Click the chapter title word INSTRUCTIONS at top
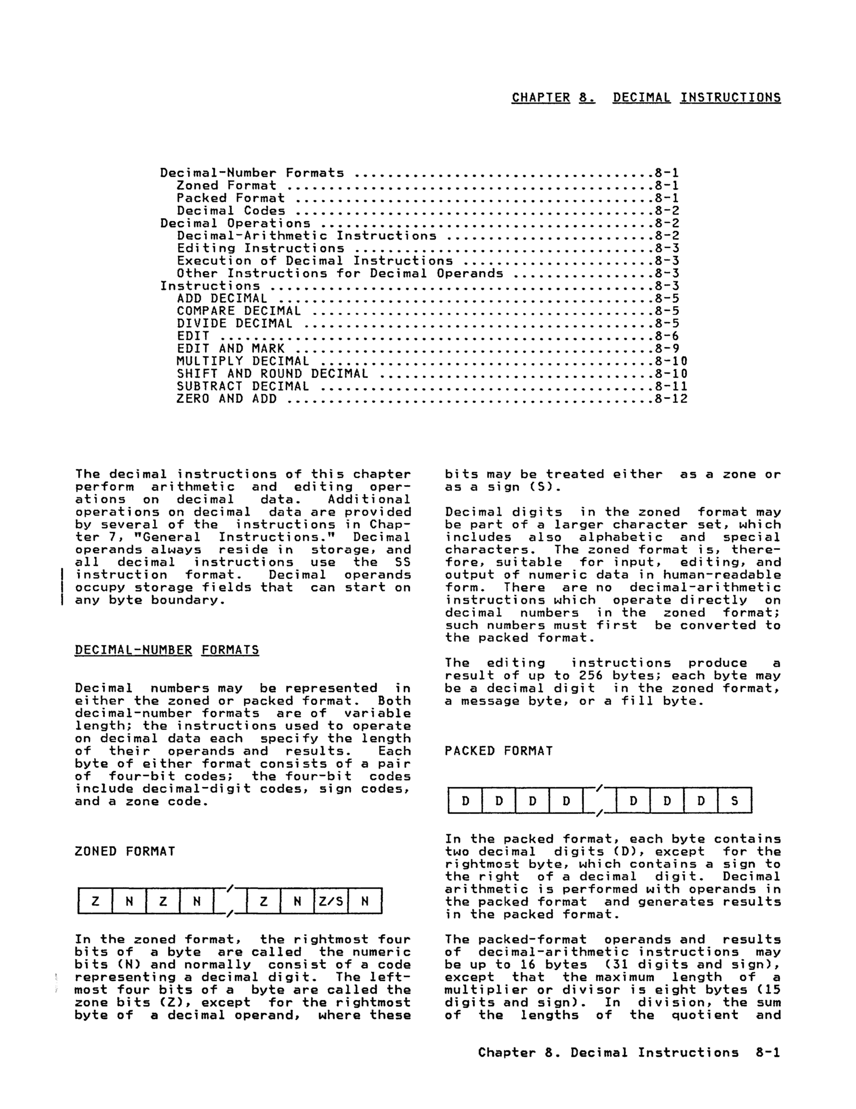tap(730, 97)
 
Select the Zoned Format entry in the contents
tap(226, 186)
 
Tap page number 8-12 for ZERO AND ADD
tap(671, 399)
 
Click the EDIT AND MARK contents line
tap(230, 349)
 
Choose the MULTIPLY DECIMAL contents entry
tap(242, 362)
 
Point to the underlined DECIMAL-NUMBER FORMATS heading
tap(166, 650)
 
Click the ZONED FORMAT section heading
tap(125, 852)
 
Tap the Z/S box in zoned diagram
tap(331, 902)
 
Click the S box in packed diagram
tap(734, 801)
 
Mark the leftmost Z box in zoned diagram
tap(95, 902)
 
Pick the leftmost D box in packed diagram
tap(465, 801)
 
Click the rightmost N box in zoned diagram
tap(365, 902)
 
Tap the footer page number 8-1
tap(768, 1053)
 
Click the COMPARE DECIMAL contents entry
tap(238, 311)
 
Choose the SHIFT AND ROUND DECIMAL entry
tap(272, 374)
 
